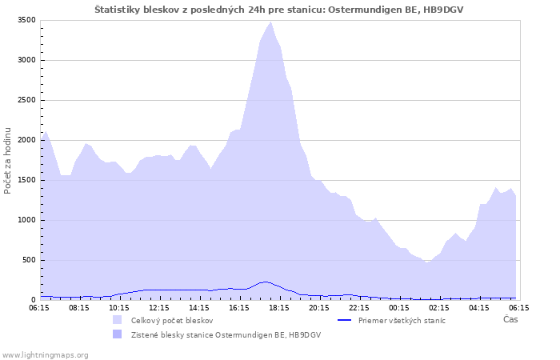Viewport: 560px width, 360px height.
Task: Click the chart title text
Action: point(279,10)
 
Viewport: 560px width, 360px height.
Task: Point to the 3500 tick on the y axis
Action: point(26,20)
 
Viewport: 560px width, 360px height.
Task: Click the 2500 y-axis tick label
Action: point(26,100)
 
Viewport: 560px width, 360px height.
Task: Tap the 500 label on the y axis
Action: point(30,260)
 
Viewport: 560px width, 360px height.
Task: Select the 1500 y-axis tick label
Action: point(26,180)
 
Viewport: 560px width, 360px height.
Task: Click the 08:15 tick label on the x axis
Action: point(79,308)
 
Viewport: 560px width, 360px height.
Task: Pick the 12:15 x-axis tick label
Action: point(159,308)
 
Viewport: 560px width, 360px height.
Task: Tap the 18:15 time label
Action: point(279,308)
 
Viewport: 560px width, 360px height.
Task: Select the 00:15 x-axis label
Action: point(399,308)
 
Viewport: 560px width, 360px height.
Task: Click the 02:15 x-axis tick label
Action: point(439,308)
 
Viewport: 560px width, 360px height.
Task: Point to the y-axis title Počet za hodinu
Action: point(7,161)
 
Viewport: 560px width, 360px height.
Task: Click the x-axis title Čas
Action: point(510,319)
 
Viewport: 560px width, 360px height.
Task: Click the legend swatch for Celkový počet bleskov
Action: point(117,320)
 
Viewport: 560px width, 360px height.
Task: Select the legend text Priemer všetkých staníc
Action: point(402,320)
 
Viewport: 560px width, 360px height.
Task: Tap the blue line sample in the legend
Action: point(345,320)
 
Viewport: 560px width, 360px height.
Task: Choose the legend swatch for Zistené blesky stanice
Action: point(117,334)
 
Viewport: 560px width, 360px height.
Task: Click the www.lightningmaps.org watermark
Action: point(45,355)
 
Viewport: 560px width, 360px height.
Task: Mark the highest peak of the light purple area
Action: point(270,22)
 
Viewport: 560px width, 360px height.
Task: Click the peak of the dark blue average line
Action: point(265,282)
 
